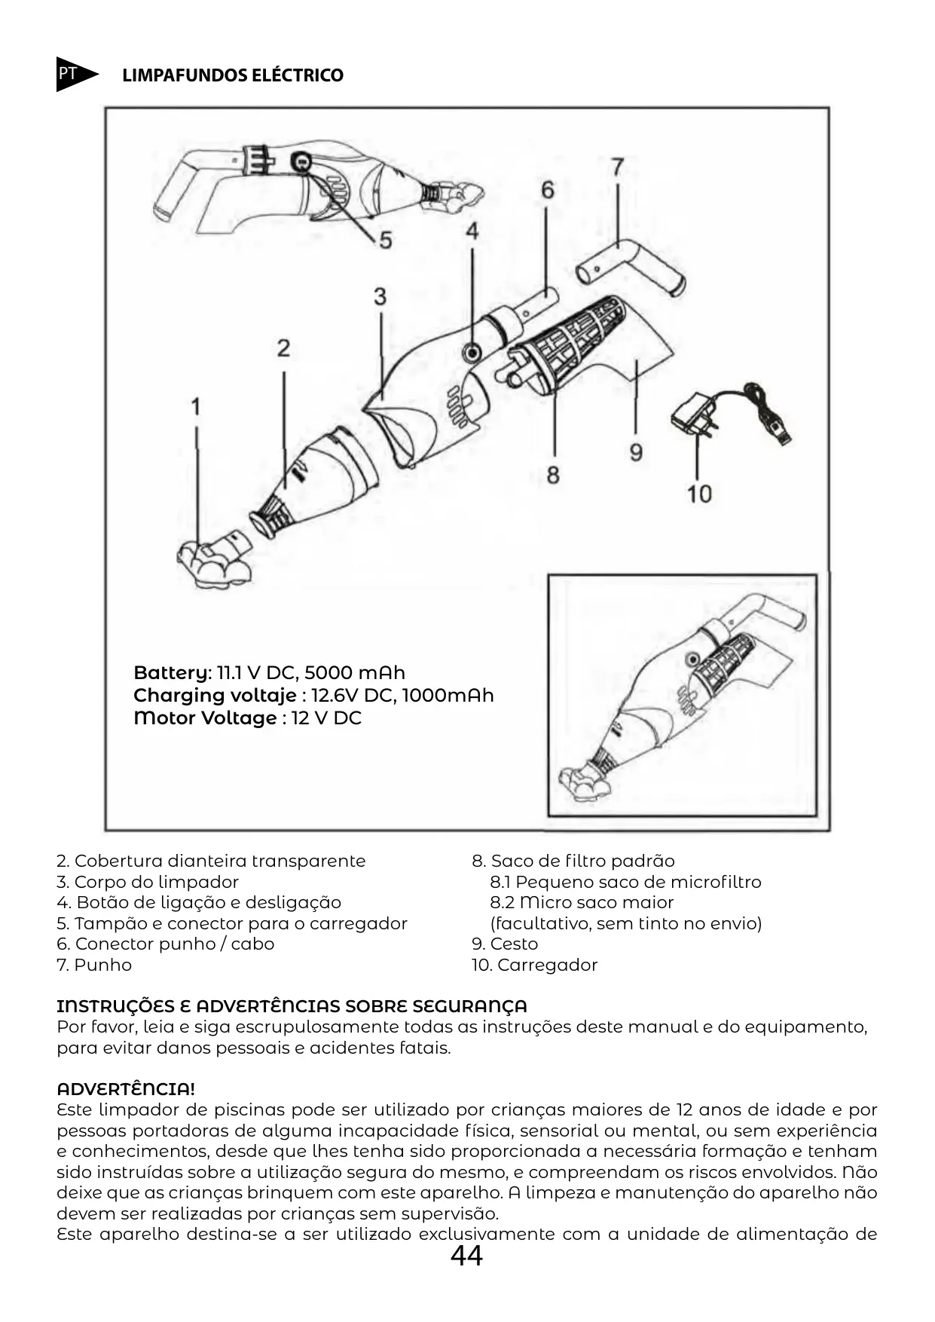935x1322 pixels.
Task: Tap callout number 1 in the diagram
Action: pos(196,408)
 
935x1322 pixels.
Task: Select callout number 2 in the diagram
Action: pos(283,348)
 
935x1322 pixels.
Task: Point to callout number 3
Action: pos(380,296)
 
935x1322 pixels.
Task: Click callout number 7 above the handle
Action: pos(617,167)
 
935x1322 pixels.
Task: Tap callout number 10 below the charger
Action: pos(699,494)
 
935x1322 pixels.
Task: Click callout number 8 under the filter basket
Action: pos(553,476)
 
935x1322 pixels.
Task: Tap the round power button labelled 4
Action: pos(473,350)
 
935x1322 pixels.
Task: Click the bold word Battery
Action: pos(172,672)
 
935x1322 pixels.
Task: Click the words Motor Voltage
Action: pos(205,718)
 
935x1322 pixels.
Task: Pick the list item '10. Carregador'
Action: pos(534,965)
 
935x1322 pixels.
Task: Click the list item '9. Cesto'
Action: pos(505,944)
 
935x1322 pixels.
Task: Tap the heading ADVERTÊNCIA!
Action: pos(126,1089)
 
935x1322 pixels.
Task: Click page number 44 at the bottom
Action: pos(466,1256)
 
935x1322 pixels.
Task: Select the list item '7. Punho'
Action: pos(94,965)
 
